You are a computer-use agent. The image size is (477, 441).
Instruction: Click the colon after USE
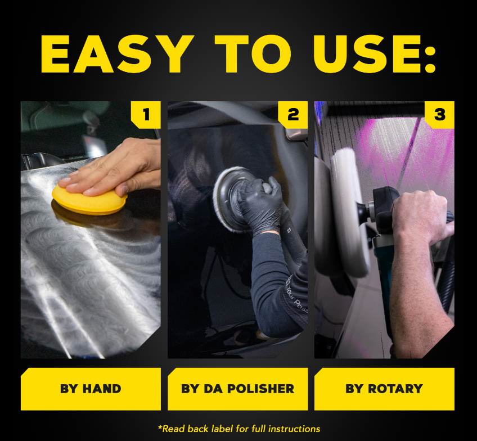tap(430, 55)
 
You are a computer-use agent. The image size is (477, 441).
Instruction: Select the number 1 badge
tap(146, 115)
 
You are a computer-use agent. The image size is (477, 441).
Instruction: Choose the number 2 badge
tap(293, 115)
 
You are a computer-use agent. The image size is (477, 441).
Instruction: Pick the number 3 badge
tap(440, 115)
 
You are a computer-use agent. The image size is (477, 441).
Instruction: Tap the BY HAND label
tap(91, 389)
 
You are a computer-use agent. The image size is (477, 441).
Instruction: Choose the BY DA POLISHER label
tap(237, 389)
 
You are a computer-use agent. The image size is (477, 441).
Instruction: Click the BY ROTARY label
tap(384, 389)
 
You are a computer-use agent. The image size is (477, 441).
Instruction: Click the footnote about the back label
tap(239, 429)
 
